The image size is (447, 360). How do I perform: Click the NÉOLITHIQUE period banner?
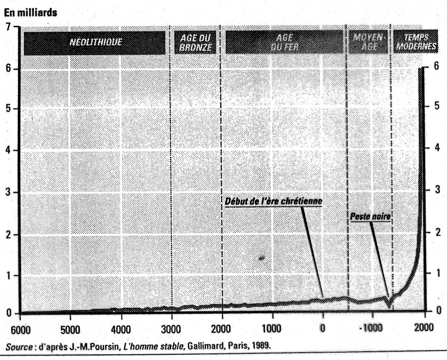click(x=95, y=43)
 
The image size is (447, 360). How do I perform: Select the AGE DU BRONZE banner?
click(x=195, y=43)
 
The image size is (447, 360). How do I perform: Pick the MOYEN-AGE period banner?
click(x=368, y=43)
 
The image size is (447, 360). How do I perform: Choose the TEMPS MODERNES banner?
click(x=415, y=42)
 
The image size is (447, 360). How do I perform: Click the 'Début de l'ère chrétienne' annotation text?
click(x=273, y=202)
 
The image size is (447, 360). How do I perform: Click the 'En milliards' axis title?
click(x=31, y=13)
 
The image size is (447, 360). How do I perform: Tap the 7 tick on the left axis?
click(x=9, y=27)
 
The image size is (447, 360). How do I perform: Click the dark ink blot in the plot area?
click(x=262, y=258)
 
